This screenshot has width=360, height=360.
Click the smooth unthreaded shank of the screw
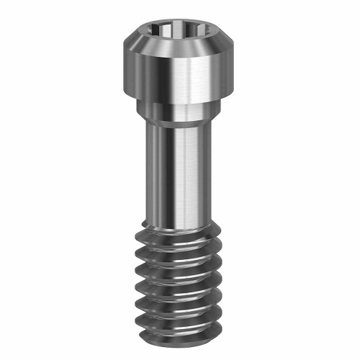click(x=166, y=173)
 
